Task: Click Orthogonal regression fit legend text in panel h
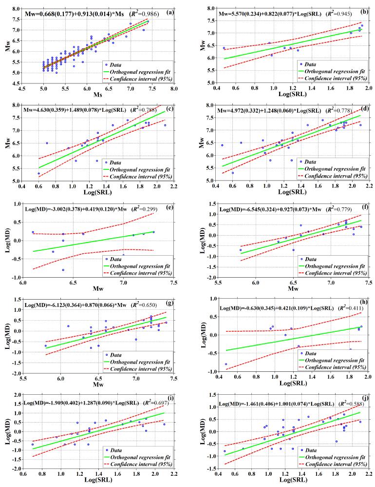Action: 333,361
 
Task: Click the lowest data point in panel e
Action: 63,270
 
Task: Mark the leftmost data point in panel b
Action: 224,48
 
